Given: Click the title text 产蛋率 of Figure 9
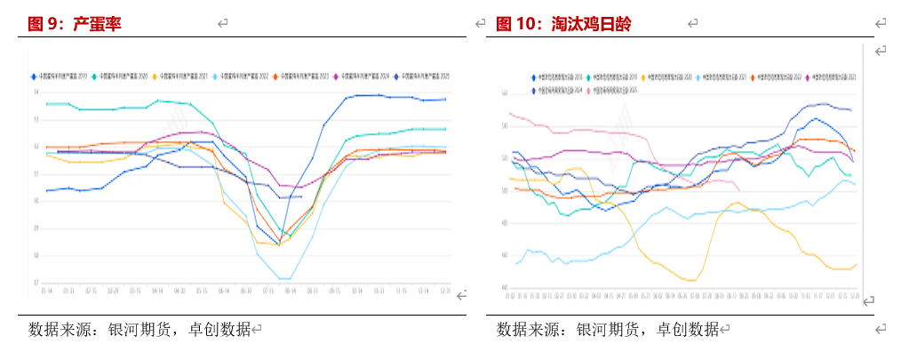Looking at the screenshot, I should [x=97, y=24].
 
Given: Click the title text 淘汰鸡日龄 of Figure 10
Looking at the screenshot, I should [x=591, y=24].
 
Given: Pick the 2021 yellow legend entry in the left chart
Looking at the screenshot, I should [x=182, y=77].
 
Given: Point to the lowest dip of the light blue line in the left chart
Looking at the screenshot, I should [x=284, y=279].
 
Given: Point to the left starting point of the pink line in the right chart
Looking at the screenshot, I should [x=509, y=113].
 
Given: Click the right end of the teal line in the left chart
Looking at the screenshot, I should [x=445, y=129].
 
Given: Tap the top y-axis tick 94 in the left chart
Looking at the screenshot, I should [x=36, y=92].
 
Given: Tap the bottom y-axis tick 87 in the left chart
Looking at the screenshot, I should [x=36, y=284].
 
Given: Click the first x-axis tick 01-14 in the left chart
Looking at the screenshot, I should [x=46, y=291].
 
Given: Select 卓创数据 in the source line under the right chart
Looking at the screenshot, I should [x=688, y=330].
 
